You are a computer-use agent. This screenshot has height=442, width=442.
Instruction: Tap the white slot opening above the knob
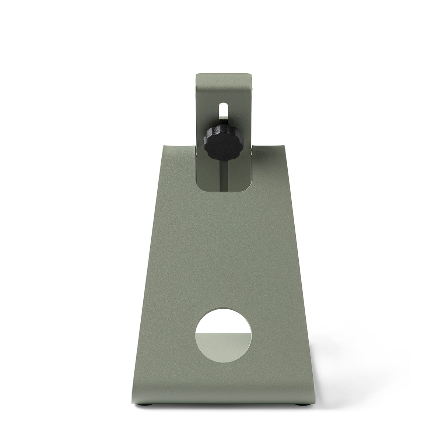click(224, 110)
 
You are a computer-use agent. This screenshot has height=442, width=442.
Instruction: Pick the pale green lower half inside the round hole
click(224, 344)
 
